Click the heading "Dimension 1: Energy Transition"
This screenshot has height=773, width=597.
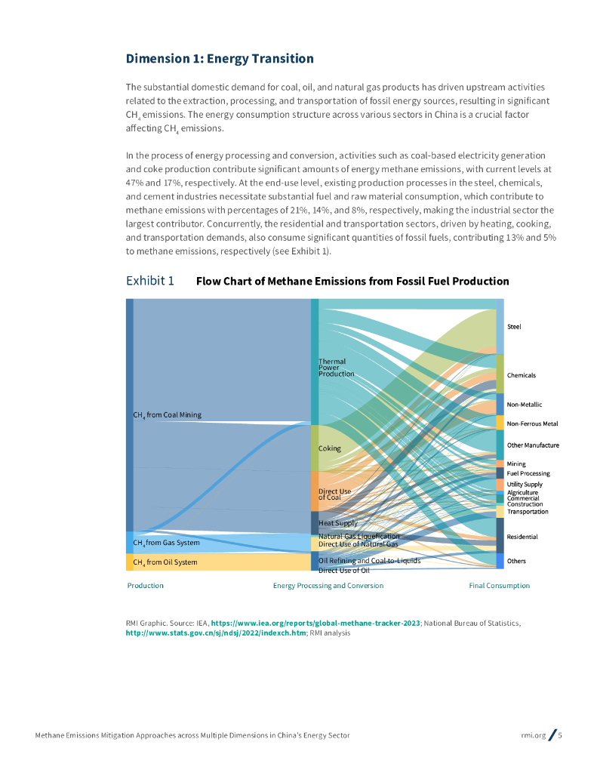click(x=220, y=59)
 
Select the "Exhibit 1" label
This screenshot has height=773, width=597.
click(x=149, y=281)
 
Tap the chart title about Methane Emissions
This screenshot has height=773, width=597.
click(x=352, y=282)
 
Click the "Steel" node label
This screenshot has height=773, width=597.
click(x=514, y=327)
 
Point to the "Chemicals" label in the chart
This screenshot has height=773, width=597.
click(x=522, y=375)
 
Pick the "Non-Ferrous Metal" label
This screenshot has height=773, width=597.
click(x=532, y=423)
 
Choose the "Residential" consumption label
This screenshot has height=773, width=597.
click(x=522, y=537)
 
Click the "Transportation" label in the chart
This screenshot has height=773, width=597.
click(x=528, y=512)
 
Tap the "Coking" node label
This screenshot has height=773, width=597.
click(x=330, y=448)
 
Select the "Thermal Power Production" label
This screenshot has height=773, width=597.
click(x=336, y=368)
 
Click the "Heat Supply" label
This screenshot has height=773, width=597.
click(x=338, y=523)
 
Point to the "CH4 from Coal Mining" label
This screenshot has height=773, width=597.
click(x=167, y=415)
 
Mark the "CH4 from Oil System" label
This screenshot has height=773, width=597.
click(x=165, y=562)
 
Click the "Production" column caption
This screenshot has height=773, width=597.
click(x=145, y=586)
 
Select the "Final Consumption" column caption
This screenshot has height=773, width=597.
click(x=499, y=586)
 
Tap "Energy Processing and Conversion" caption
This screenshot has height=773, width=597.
click(x=328, y=586)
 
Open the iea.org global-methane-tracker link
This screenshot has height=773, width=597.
click(x=315, y=623)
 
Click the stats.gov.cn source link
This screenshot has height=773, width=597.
click(x=216, y=633)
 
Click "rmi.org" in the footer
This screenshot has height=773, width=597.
click(x=533, y=735)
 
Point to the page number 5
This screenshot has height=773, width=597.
click(x=560, y=735)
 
